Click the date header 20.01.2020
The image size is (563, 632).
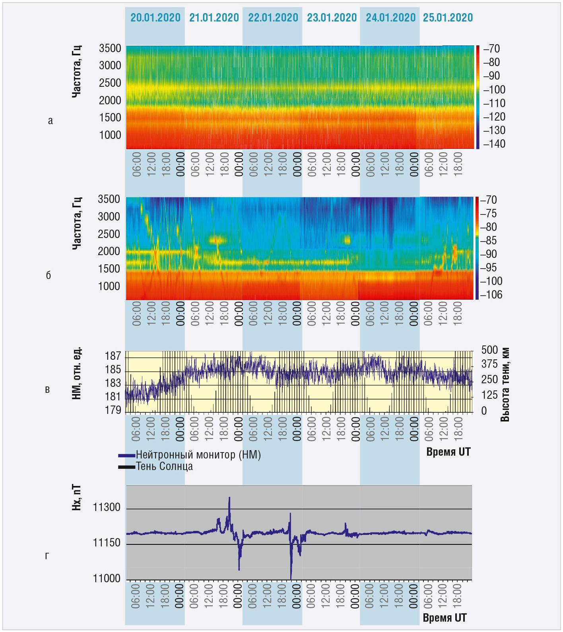[x=155, y=18]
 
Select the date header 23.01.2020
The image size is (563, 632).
[x=332, y=18]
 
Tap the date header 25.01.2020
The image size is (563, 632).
[x=448, y=18]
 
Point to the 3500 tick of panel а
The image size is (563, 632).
[x=110, y=49]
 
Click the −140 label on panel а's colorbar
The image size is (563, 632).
[x=494, y=144]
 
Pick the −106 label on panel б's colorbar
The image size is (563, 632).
[x=491, y=295]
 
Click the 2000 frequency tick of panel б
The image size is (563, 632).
[x=109, y=252]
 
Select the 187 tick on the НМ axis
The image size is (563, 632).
[x=113, y=356]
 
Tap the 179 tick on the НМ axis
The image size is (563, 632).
[x=113, y=410]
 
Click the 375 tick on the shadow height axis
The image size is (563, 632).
[x=489, y=364]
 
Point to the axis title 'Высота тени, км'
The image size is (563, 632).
[x=505, y=384]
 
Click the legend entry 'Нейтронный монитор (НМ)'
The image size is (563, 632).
[x=198, y=455]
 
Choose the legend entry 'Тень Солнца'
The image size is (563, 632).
[x=164, y=466]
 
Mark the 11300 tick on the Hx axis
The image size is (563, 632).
[x=107, y=507]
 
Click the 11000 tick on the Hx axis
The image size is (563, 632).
[x=107, y=578]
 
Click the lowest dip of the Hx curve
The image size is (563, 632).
[x=291, y=578]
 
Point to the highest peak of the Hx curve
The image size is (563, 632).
[x=229, y=497]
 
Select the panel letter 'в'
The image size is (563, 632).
[x=47, y=389]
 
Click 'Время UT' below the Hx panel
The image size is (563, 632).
[x=445, y=618]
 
